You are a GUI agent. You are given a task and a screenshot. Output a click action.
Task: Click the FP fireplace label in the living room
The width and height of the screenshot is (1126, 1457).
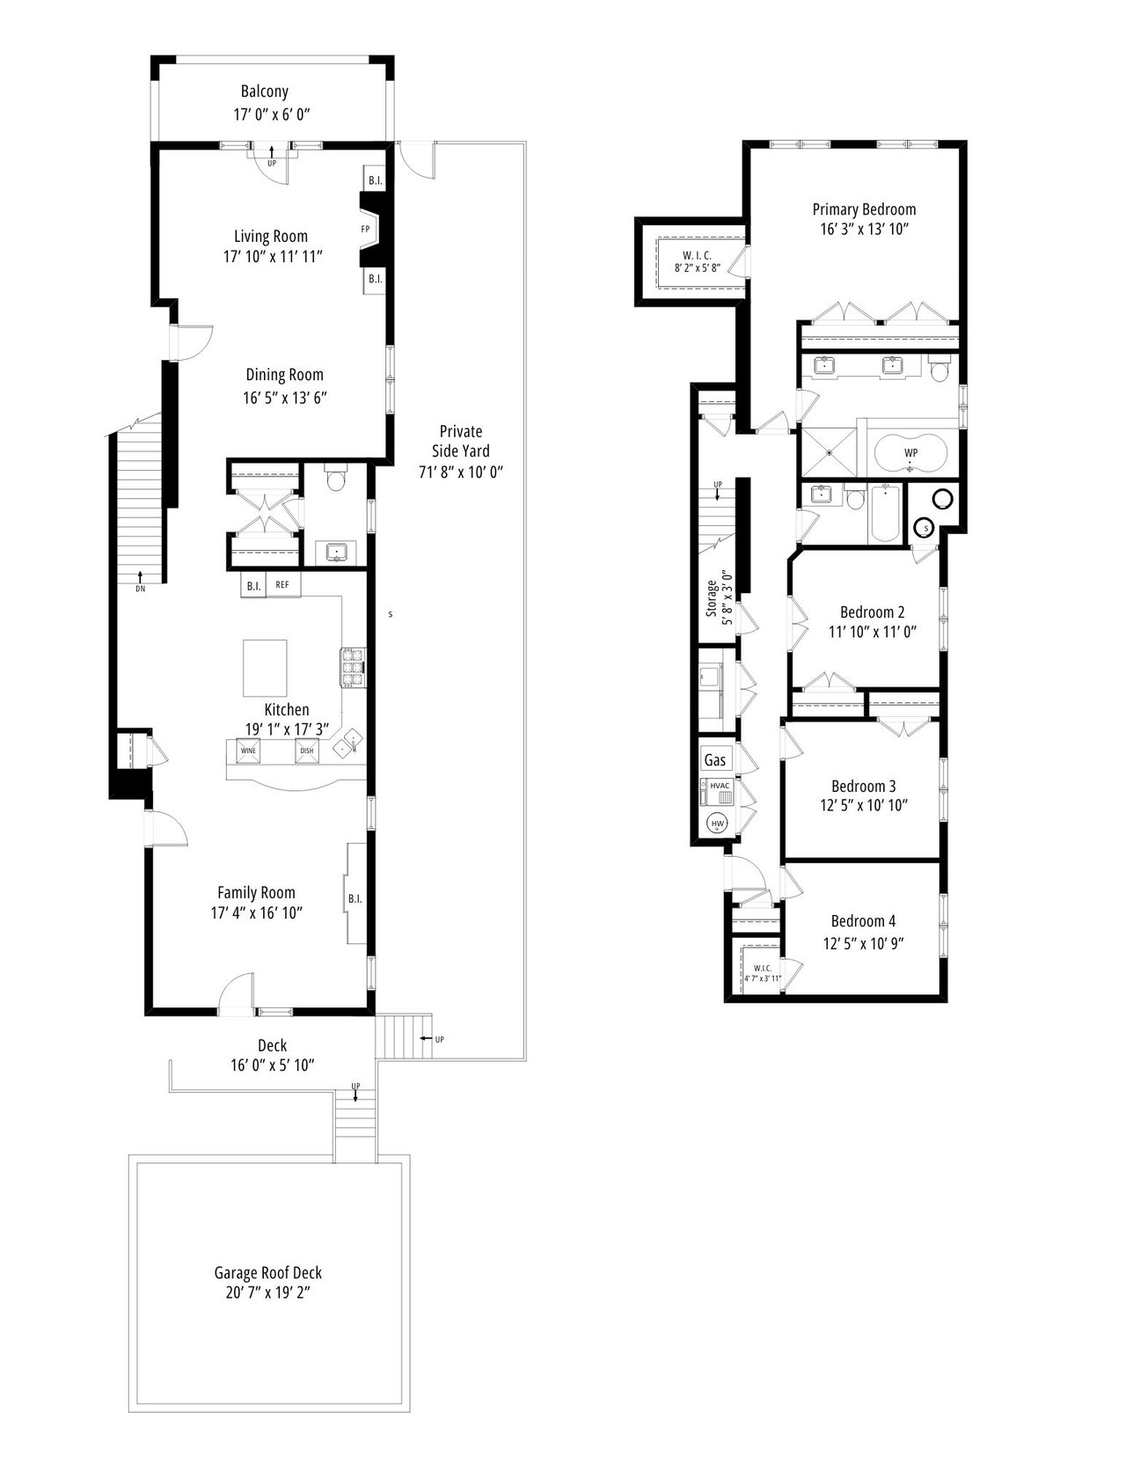pos(365,230)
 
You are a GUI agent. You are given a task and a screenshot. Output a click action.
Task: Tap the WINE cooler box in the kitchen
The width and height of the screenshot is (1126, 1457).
pos(248,751)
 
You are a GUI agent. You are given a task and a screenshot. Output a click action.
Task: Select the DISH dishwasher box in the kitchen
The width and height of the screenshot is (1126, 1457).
pos(307,751)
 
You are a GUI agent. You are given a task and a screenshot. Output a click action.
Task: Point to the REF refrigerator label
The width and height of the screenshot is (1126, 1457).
pos(283,585)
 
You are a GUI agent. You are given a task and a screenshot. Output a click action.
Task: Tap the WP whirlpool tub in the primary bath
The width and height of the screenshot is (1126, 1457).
pos(910,454)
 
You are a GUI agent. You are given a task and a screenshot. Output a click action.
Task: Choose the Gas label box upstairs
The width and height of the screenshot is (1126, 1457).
pos(715,759)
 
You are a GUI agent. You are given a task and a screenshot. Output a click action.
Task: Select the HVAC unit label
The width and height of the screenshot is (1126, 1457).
pos(720,785)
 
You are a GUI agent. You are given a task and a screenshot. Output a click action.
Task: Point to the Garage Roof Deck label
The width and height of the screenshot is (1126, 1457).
pos(268,1272)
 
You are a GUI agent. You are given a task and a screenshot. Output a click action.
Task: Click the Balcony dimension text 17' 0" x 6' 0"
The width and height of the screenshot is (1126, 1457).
pos(272,114)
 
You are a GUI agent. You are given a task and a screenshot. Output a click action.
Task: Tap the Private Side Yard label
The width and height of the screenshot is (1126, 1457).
pos(460,441)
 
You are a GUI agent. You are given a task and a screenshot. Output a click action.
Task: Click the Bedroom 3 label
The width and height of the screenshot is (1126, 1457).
pos(863,786)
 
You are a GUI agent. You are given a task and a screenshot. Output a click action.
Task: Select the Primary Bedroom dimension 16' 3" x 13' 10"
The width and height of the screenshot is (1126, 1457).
pos(864,230)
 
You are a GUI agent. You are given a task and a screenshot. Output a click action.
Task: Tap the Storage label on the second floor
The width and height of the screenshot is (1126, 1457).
pos(712,598)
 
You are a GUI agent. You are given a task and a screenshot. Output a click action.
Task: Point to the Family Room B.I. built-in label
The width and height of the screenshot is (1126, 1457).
pos(355,899)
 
